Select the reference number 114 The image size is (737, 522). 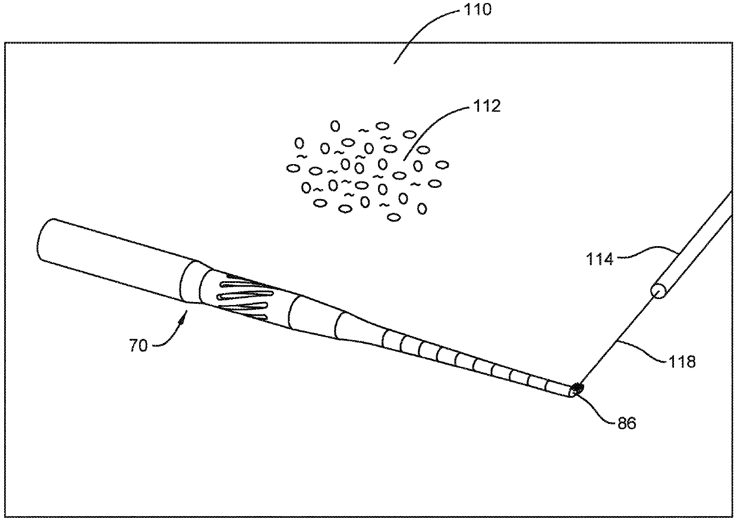click(x=600, y=259)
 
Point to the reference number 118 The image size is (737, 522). click(x=682, y=360)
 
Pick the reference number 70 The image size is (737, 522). click(x=138, y=345)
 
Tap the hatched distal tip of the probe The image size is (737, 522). click(x=575, y=391)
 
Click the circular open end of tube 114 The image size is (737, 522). click(x=658, y=291)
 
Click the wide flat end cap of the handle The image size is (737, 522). click(x=47, y=240)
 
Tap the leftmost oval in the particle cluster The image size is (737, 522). click(x=292, y=168)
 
